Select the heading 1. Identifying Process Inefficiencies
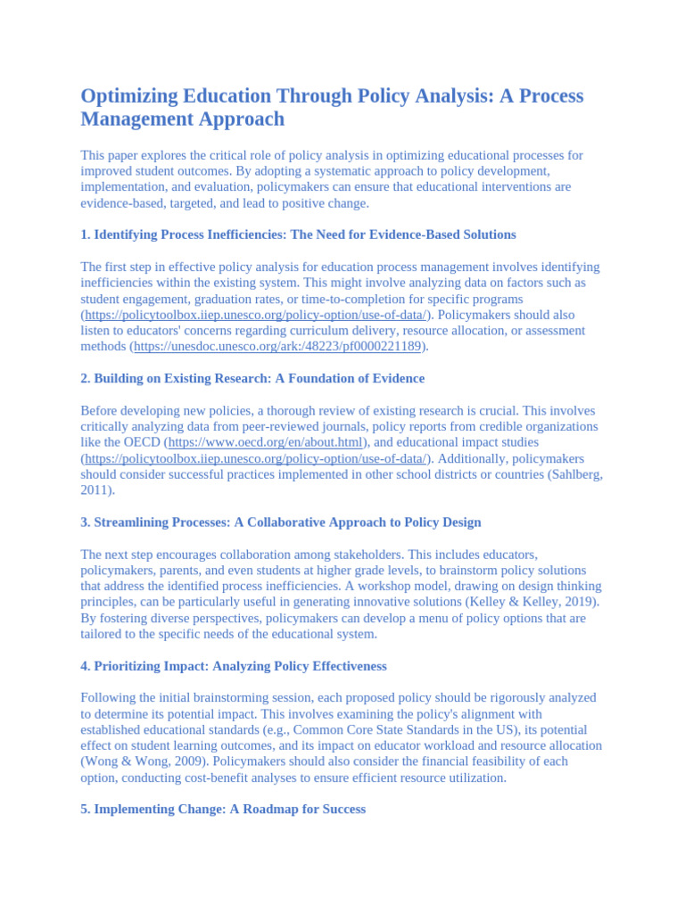click(298, 234)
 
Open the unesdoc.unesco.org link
click(277, 347)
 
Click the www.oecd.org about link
click(266, 442)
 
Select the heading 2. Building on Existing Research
click(252, 378)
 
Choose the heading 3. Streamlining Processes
click(280, 522)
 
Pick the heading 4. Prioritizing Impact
click(233, 666)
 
